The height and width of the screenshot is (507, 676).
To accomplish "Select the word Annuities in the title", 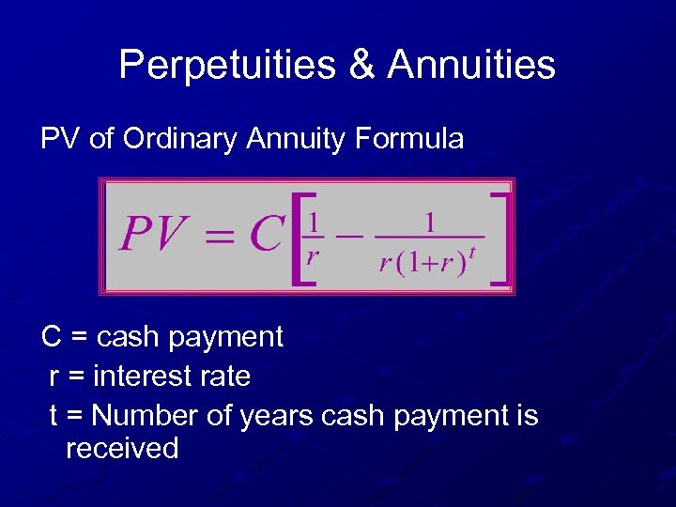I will tap(471, 66).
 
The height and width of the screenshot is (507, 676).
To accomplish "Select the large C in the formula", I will tap(267, 234).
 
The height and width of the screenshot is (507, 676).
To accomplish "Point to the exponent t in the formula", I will tap(472, 252).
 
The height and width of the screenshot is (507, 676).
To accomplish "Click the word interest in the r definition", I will tap(146, 376).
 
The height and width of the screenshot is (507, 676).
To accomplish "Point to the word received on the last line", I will tap(122, 448).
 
